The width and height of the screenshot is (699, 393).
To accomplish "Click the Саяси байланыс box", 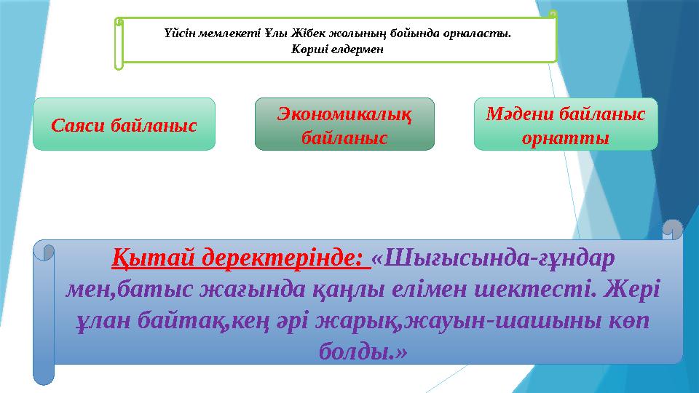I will pos(125,124).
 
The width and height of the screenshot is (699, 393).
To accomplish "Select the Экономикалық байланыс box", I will pos(344,124).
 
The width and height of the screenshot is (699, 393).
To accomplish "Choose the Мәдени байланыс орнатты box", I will pos(566,124).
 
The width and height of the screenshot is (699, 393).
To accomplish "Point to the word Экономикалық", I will pos(344,114).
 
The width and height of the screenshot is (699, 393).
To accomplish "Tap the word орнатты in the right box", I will pos(566,137).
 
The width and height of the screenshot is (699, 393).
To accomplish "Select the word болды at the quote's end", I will pos(358,353).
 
